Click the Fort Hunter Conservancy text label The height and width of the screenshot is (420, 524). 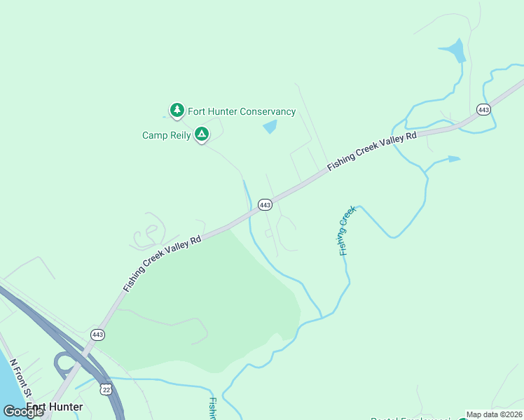click(x=242, y=112)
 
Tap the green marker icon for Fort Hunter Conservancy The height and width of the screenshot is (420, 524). click(x=177, y=110)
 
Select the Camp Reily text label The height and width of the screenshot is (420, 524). click(x=166, y=135)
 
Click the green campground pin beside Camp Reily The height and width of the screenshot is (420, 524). click(x=202, y=133)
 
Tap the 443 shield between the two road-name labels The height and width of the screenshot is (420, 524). click(x=265, y=204)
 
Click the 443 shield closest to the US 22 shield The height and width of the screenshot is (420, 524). click(x=97, y=335)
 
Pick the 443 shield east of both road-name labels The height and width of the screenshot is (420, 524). click(x=483, y=109)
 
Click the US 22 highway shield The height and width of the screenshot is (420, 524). click(x=106, y=388)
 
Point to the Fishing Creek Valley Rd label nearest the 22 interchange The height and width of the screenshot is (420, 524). click(x=162, y=263)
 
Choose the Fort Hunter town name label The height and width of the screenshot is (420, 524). click(x=55, y=407)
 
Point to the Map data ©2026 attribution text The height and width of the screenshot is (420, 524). click(x=494, y=414)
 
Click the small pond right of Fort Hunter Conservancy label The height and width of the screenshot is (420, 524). click(x=270, y=127)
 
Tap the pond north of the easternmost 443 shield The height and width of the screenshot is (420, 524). click(x=454, y=51)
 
